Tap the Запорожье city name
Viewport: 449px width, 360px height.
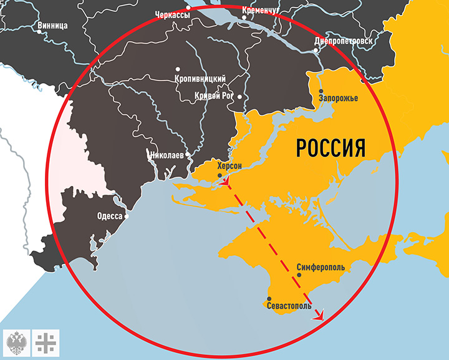(x=338, y=99)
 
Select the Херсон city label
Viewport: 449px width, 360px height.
(x=228, y=166)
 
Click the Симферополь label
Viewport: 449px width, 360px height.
(x=321, y=266)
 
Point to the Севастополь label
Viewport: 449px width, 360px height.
(x=287, y=307)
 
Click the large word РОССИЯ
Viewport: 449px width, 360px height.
(x=330, y=148)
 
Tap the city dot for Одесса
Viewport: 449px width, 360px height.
(x=127, y=216)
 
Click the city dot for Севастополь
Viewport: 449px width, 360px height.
(x=269, y=298)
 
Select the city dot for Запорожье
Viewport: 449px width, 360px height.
(x=320, y=89)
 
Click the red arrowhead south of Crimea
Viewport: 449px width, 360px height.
(x=321, y=316)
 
